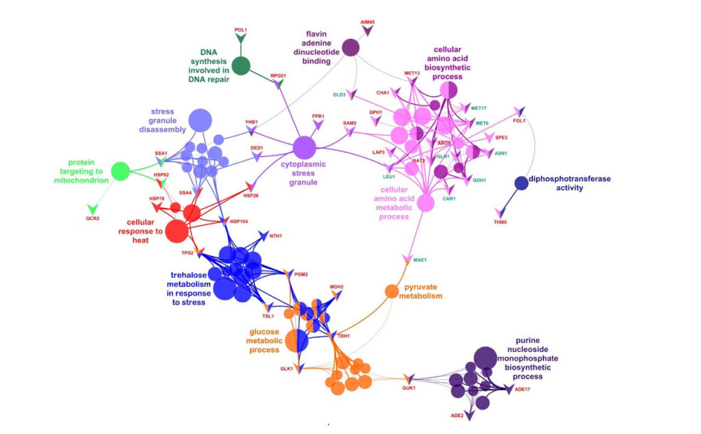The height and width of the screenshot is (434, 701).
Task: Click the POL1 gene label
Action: [x=240, y=30]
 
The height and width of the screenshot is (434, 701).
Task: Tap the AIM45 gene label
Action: [x=368, y=23]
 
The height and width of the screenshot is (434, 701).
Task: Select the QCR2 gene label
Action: [x=92, y=218]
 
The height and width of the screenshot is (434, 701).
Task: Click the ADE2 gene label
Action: [x=457, y=416]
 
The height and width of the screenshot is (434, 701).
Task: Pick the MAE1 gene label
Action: [x=420, y=260]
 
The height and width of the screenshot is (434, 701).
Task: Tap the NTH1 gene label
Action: [x=275, y=236]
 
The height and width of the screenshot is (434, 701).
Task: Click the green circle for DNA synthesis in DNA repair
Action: [x=240, y=66]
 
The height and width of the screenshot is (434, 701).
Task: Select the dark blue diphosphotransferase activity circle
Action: [x=521, y=183]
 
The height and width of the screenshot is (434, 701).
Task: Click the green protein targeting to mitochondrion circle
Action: [x=120, y=171]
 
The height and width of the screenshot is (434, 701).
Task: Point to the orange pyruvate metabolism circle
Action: [x=392, y=291]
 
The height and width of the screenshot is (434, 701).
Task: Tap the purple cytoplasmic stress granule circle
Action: [x=305, y=147]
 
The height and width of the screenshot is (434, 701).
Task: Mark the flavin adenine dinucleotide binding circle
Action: [x=351, y=47]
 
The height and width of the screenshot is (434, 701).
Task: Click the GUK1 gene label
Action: [x=409, y=388]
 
